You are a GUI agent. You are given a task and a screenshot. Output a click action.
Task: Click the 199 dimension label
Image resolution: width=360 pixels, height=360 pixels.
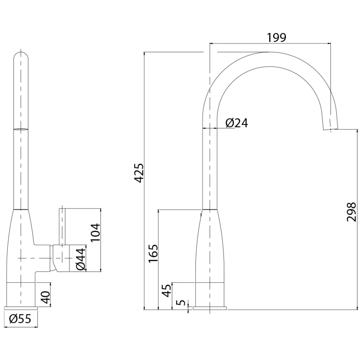pos(277,38)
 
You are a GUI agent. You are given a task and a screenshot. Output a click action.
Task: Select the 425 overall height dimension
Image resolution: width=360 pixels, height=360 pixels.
pos(139,173)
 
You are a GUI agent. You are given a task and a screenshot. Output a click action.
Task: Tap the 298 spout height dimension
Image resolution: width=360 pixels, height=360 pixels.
pos(351,212)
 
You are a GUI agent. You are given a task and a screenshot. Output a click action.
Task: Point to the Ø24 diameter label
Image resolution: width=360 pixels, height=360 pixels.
pos(237,123)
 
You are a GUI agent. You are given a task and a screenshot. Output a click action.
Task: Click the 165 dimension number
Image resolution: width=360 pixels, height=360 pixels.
pos(153,253)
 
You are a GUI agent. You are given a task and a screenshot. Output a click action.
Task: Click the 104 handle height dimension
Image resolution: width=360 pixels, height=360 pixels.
pos(95,232)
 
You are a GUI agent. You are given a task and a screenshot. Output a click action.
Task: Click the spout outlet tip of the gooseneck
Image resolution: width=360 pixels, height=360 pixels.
pos(331,129)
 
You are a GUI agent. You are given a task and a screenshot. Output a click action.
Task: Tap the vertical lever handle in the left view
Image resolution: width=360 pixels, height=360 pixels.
pos(62,226)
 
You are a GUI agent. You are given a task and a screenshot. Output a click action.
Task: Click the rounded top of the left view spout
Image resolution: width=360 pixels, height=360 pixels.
pos(21,56)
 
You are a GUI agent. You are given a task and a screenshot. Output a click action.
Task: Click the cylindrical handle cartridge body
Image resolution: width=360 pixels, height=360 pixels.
pos(61,258)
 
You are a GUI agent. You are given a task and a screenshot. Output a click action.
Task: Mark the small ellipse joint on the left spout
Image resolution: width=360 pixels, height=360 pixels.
pos(21,129)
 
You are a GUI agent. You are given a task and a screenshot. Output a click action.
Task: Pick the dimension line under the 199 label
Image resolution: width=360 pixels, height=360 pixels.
pos(270,43)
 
